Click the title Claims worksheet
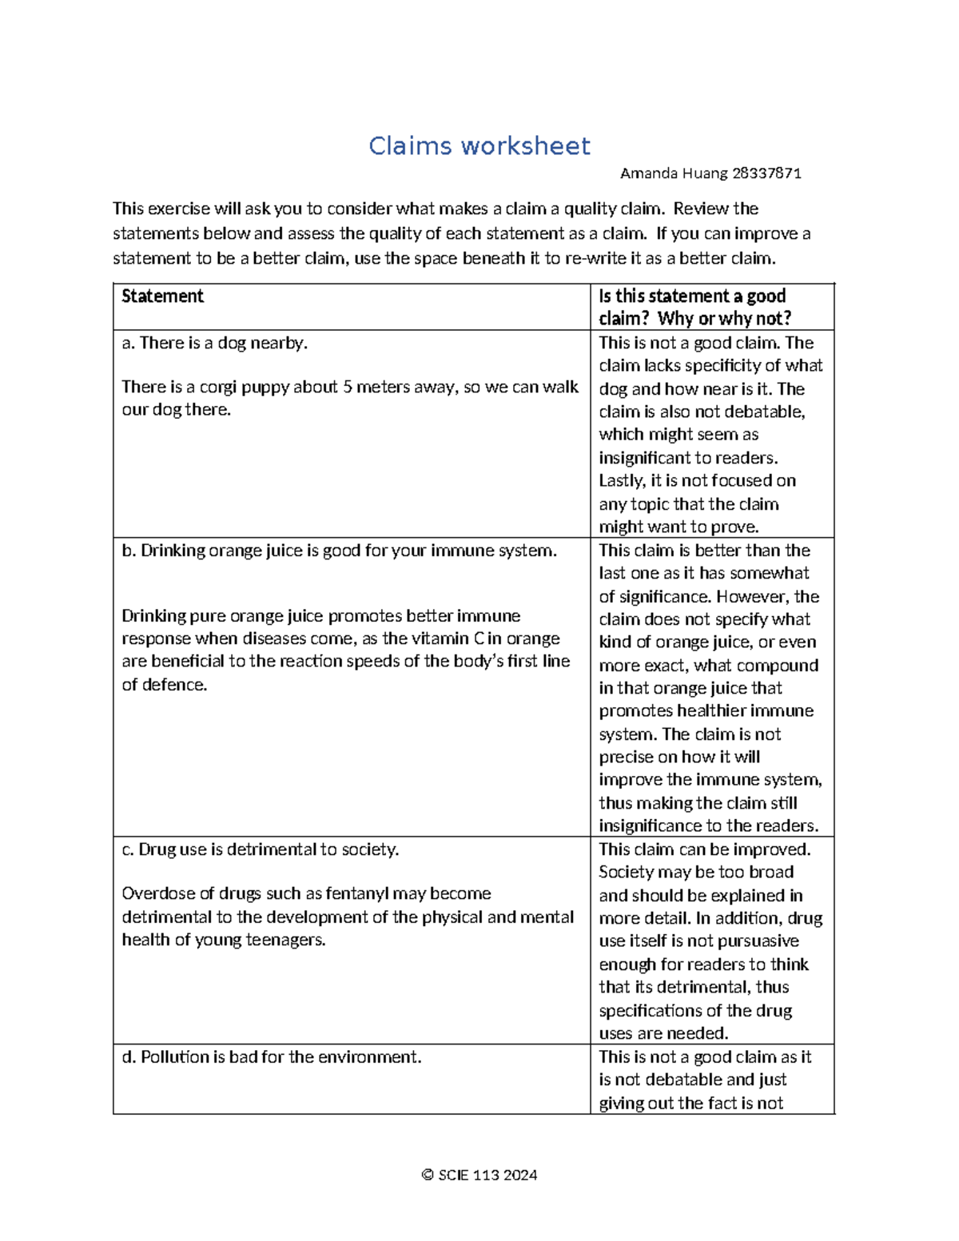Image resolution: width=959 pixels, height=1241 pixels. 479,146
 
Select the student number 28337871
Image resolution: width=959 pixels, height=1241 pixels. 766,173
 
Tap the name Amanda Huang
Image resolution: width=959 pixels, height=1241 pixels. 674,173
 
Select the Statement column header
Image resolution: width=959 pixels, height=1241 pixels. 162,296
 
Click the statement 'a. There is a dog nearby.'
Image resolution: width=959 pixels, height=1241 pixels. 214,343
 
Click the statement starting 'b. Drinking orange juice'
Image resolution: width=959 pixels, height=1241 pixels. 339,551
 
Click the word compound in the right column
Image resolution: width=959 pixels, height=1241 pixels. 780,665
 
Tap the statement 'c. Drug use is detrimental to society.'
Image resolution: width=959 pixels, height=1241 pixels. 260,849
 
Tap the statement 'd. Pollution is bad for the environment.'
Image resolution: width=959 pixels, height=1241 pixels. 271,1057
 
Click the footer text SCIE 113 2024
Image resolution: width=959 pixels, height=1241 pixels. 487,1175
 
